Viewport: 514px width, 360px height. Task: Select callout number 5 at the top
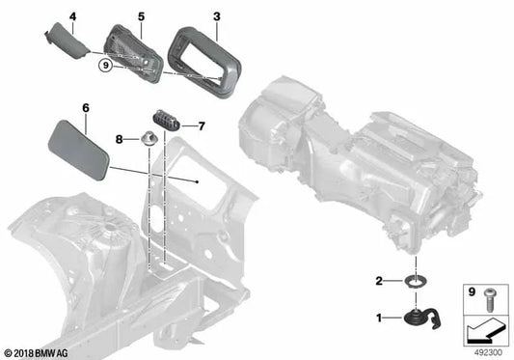tap(141, 16)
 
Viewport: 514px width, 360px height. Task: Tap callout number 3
tap(216, 16)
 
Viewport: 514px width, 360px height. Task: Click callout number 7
tap(203, 125)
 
